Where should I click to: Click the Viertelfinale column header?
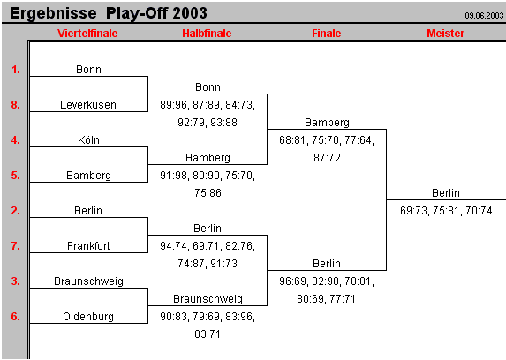click(87, 33)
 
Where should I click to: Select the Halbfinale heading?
click(207, 33)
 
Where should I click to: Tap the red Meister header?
click(326, 33)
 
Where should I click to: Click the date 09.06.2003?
click(484, 15)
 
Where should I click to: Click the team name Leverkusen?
click(88, 105)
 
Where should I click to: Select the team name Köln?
click(88, 140)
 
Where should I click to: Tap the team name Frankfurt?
click(88, 246)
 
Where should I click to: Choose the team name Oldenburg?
click(88, 317)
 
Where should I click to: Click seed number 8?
click(16, 105)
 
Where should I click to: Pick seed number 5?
click(16, 176)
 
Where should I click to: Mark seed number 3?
click(16, 281)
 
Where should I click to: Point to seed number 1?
click(16, 69)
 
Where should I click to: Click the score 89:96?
click(174, 105)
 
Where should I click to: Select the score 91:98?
click(174, 176)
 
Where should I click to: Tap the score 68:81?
click(293, 139)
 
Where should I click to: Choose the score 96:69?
click(293, 281)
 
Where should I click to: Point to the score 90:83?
click(174, 317)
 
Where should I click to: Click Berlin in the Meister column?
click(446, 193)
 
